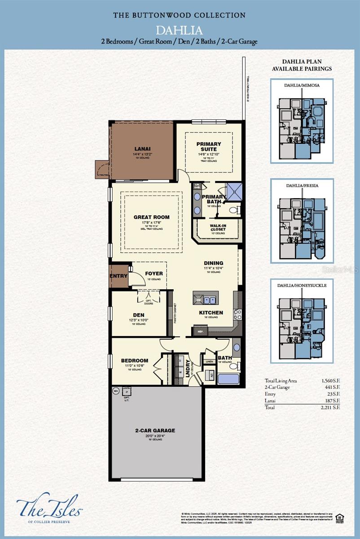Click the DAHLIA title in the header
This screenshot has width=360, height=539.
180,31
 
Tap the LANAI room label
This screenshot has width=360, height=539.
142,148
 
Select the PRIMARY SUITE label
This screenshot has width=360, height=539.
209,147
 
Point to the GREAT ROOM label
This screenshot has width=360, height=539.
151,217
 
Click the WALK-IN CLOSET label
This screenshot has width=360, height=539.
218,228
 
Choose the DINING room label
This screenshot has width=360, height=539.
213,263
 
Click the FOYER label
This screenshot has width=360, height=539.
154,274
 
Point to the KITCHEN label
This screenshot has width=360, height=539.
211,313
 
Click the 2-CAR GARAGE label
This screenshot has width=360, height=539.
155,430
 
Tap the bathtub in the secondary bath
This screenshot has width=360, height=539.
228,378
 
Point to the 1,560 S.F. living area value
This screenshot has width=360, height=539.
330,380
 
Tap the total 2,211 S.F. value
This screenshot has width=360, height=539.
330,407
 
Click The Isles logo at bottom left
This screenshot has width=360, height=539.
49,507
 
